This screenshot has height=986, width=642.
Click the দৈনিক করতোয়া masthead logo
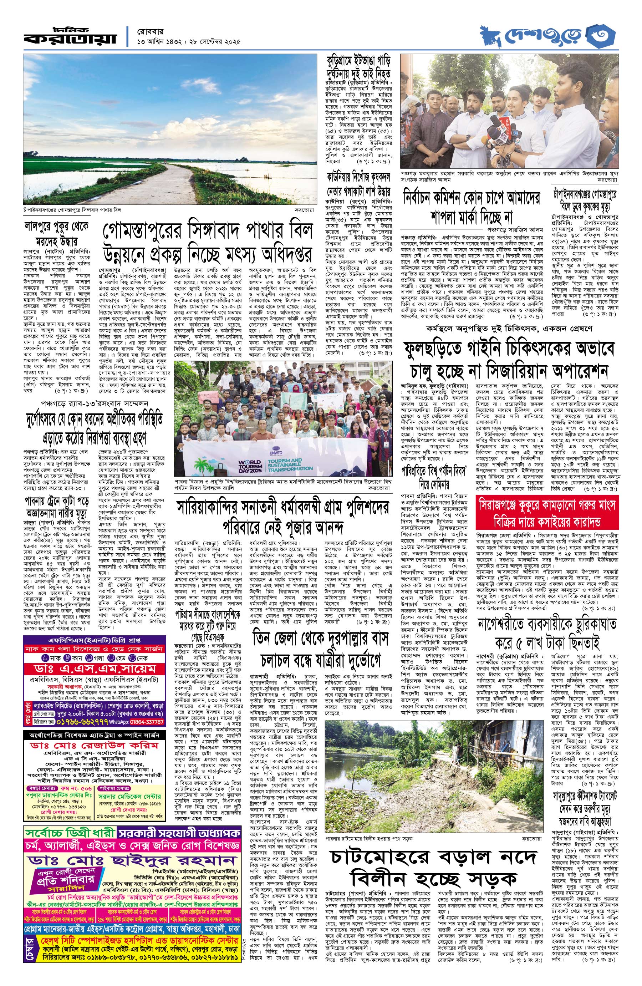point(70,36)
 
